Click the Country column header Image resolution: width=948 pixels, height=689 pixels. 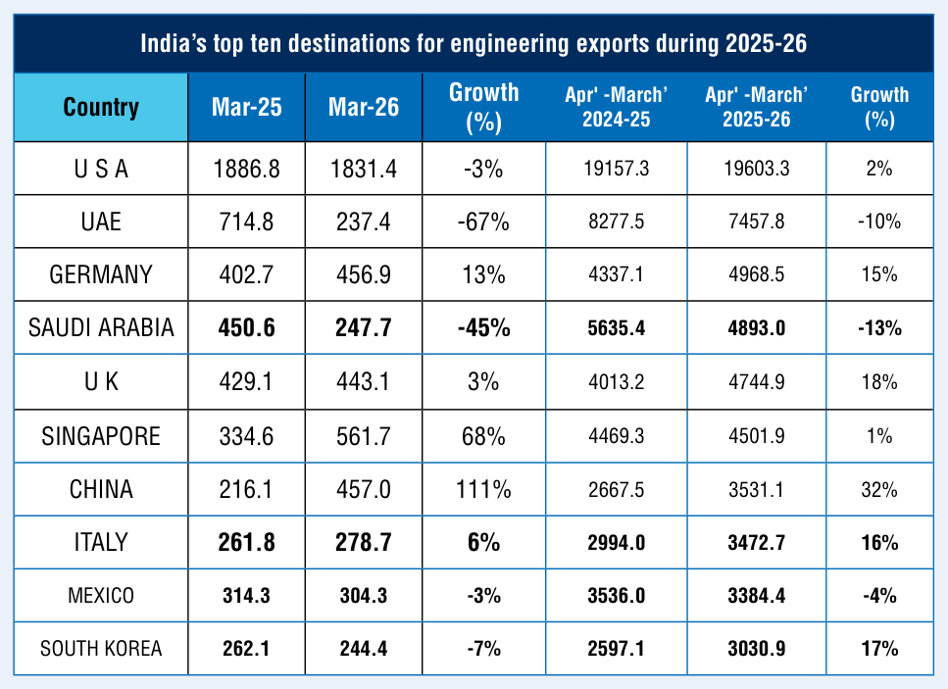click(x=101, y=108)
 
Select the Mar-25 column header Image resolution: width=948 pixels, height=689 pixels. click(x=247, y=108)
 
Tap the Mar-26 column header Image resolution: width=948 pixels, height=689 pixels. click(x=364, y=108)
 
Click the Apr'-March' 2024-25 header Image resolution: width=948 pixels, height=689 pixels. click(x=616, y=107)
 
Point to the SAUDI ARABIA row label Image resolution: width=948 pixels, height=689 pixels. click(x=101, y=327)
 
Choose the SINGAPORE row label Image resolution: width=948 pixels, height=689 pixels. click(x=101, y=436)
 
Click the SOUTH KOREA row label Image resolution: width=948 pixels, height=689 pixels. click(x=101, y=649)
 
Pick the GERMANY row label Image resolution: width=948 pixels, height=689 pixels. click(x=101, y=275)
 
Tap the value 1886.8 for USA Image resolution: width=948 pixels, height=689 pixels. click(x=247, y=170)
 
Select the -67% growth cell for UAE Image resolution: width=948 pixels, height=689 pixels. click(x=483, y=222)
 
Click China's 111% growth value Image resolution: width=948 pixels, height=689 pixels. click(x=483, y=490)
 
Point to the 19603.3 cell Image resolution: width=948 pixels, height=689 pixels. click(x=757, y=169)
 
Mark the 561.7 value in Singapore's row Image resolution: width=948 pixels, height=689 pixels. click(x=364, y=436)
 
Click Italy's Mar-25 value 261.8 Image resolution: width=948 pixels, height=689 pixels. click(x=247, y=543)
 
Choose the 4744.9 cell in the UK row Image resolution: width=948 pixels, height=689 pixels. click(x=757, y=382)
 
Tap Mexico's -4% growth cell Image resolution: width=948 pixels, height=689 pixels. click(x=879, y=596)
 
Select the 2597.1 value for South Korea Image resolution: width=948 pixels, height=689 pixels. click(x=616, y=649)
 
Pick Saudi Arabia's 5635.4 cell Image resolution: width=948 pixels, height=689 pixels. click(x=616, y=328)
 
